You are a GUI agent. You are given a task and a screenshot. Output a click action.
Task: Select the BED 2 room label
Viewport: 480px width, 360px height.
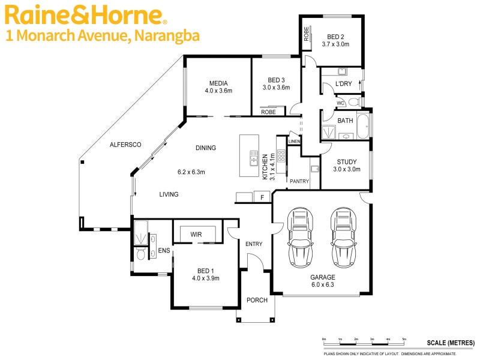[335, 35]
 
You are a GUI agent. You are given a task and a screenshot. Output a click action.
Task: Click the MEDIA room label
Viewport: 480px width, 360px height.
[218, 83]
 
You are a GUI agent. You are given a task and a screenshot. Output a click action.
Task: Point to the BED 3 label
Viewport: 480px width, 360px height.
[276, 80]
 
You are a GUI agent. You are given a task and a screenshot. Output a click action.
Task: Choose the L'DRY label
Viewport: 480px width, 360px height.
[343, 84]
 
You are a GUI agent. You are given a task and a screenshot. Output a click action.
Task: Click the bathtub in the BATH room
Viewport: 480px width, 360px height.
[363, 125]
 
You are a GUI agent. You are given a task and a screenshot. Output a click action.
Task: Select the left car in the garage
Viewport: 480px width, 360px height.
[300, 238]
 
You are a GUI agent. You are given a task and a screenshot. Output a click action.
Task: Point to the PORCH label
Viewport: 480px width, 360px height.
[256, 300]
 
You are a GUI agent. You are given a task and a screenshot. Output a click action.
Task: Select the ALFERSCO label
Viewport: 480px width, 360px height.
[125, 145]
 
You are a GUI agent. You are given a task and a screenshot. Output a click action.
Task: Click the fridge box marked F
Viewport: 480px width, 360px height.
[262, 197]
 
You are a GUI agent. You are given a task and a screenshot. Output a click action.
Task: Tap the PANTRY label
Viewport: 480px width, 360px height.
[299, 181]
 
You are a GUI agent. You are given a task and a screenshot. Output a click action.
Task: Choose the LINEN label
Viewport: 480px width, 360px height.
[294, 142]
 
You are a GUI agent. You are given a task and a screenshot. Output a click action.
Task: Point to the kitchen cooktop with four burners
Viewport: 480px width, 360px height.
[281, 155]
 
